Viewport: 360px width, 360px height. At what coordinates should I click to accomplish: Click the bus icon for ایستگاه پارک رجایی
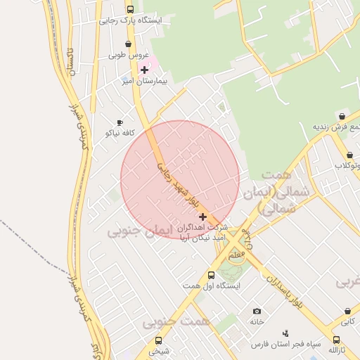(130, 9)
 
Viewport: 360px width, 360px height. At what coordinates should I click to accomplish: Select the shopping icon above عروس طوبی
(127, 44)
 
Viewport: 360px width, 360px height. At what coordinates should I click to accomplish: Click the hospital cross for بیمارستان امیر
(145, 70)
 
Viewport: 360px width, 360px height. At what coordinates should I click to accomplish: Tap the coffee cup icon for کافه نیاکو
(120, 122)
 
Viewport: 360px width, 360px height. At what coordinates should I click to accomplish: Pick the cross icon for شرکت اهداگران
(204, 217)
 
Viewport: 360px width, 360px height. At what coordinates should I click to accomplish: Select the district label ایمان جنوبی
(140, 230)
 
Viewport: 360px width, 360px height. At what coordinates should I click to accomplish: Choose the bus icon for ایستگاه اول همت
(211, 275)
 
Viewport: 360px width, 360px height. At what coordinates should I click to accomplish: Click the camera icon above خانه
(257, 311)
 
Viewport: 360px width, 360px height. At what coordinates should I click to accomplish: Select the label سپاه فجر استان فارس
(287, 345)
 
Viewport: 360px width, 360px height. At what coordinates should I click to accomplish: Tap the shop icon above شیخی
(158, 340)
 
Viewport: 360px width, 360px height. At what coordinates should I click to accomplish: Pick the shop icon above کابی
(348, 311)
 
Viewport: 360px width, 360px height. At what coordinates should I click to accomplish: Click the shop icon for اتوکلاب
(349, 155)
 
